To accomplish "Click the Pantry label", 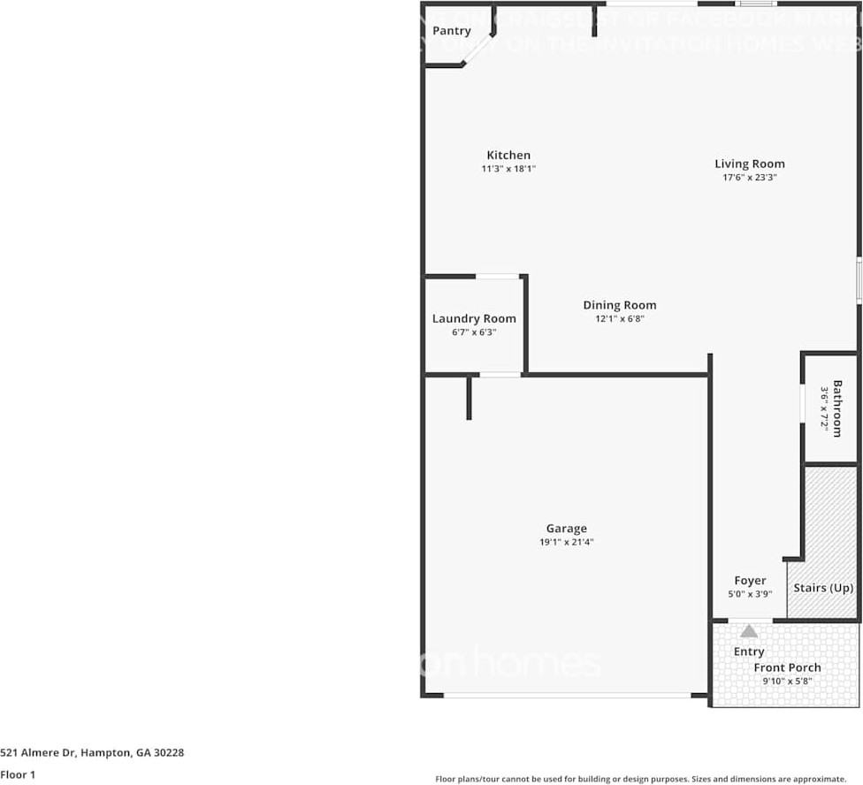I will [451, 31].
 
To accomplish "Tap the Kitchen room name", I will [508, 155].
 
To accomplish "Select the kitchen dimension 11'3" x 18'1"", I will [508, 168].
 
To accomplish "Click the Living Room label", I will [749, 164].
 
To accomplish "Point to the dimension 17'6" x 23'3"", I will [749, 177].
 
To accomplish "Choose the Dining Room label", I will [619, 305].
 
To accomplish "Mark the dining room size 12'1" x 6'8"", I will [619, 318].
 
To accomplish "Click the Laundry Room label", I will [474, 318].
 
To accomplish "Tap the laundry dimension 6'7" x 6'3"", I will [474, 332].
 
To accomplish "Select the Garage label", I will [566, 529].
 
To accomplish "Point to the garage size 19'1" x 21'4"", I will [566, 542].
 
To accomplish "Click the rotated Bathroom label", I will [836, 408].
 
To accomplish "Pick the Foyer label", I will [750, 581].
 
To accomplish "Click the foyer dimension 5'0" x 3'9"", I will [750, 594].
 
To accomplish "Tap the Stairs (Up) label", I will [823, 588].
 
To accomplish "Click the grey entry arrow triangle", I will [749, 631].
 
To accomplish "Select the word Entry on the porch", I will [749, 652].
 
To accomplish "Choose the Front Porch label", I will [787, 667].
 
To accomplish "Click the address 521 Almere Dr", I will [92, 753].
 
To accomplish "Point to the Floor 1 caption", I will [17, 774].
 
